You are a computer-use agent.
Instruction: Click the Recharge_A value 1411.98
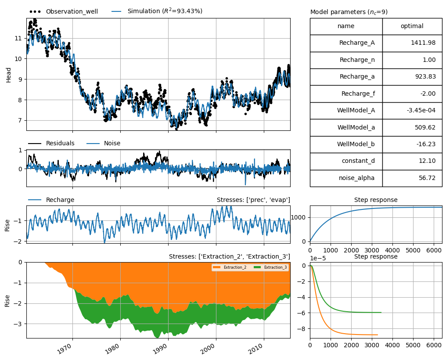[x=423, y=43]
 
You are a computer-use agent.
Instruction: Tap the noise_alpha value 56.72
[x=427, y=178]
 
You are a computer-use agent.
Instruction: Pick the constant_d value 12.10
[x=427, y=161]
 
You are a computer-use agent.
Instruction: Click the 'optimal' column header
[x=412, y=26]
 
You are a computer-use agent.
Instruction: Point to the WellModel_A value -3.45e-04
[x=421, y=110]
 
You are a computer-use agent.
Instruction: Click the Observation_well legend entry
[x=63, y=11]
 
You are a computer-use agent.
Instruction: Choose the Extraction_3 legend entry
[x=270, y=267]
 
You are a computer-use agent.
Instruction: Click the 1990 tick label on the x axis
[x=160, y=347]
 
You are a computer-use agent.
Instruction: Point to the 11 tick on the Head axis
[x=18, y=38]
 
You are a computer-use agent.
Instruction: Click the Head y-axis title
[x=8, y=75]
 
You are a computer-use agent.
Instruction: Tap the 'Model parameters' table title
[x=349, y=12]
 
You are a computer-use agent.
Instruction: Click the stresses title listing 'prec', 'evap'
[x=253, y=200]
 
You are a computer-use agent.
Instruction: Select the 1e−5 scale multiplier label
[x=318, y=258]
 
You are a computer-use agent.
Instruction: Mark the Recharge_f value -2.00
[x=428, y=94]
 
